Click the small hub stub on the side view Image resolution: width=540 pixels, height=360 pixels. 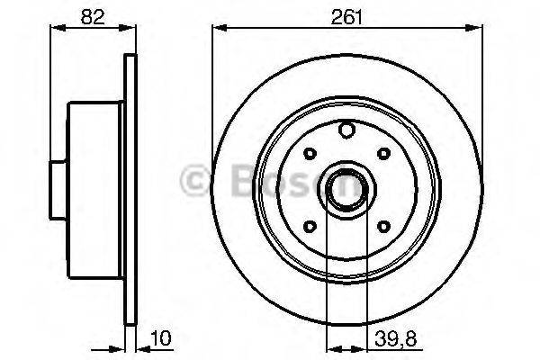point(58,186)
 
